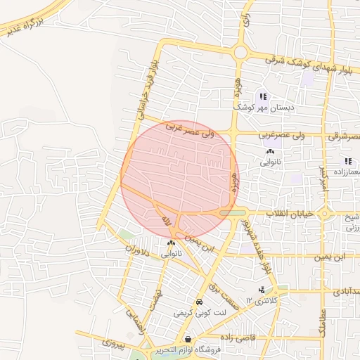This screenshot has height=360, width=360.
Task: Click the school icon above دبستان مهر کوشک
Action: pyautogui.click(x=263, y=96)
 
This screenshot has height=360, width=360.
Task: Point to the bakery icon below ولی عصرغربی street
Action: pyautogui.click(x=270, y=152)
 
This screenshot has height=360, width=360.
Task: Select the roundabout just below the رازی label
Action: pyautogui.click(x=241, y=52)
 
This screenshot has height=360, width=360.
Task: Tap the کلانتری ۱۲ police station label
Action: pyautogui.click(x=262, y=301)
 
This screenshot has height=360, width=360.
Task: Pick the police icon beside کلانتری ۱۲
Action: pyautogui.click(x=262, y=290)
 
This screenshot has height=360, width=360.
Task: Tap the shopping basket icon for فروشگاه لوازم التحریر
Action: pyautogui.click(x=187, y=340)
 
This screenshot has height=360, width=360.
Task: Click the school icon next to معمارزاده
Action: pyautogui.click(x=347, y=162)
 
